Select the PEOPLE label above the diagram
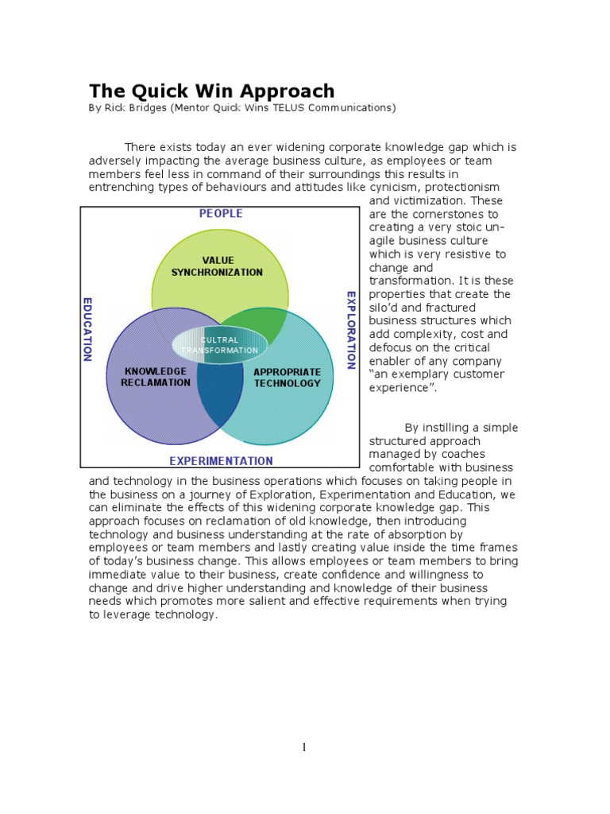pos(220,213)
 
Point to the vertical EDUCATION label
pos(88,329)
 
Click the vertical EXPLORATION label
pos(351,330)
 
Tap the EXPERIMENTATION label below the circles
pos(220,460)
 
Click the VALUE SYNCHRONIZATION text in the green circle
pos(217,266)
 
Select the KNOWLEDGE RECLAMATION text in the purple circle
pos(157,377)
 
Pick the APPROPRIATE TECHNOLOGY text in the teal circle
pos(287,378)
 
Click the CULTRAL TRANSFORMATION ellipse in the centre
pos(218,345)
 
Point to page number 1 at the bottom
pos(304,747)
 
